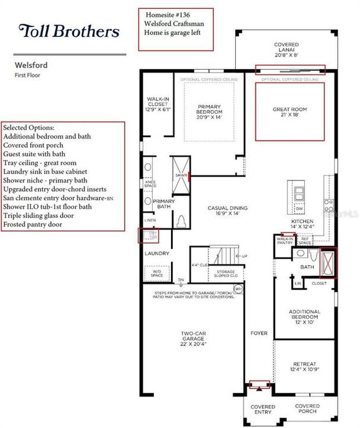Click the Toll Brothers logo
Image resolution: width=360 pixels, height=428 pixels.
point(70,31)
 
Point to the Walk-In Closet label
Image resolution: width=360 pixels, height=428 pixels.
point(159,105)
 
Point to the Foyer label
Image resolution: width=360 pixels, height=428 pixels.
point(259,333)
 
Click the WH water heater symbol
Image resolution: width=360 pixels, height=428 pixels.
point(239,289)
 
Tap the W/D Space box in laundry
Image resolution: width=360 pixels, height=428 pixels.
point(157,273)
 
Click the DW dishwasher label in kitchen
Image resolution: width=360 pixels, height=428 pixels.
point(299,209)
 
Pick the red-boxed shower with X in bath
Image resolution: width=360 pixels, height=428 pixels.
point(327,263)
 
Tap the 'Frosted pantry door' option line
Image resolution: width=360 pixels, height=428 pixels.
point(33,225)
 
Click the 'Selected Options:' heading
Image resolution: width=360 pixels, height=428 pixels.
point(29,128)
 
